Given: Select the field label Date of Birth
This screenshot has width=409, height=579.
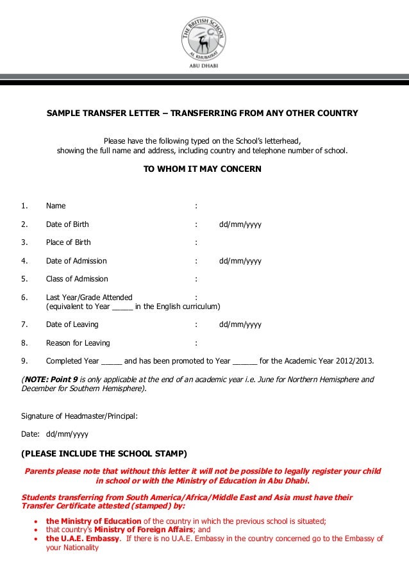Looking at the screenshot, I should point(67,224).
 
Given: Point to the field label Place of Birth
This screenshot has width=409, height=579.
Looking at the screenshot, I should point(68,242).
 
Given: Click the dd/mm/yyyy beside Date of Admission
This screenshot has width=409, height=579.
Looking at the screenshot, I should point(240,261).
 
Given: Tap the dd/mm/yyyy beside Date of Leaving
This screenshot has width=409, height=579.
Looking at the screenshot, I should point(240,324).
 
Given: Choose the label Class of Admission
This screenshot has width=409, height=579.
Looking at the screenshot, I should point(77,279).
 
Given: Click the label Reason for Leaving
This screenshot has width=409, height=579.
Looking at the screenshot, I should point(78,342).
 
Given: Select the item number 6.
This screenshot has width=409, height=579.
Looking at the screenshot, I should point(24,298).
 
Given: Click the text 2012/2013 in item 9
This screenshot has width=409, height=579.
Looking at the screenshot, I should point(352,360).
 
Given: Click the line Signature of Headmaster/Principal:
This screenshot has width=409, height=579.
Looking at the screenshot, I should point(80,415).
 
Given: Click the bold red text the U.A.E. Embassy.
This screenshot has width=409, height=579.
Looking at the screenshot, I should point(82,539).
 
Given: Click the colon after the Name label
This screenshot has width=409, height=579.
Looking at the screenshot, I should point(196,206).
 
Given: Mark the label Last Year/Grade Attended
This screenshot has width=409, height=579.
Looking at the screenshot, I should point(89,298).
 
